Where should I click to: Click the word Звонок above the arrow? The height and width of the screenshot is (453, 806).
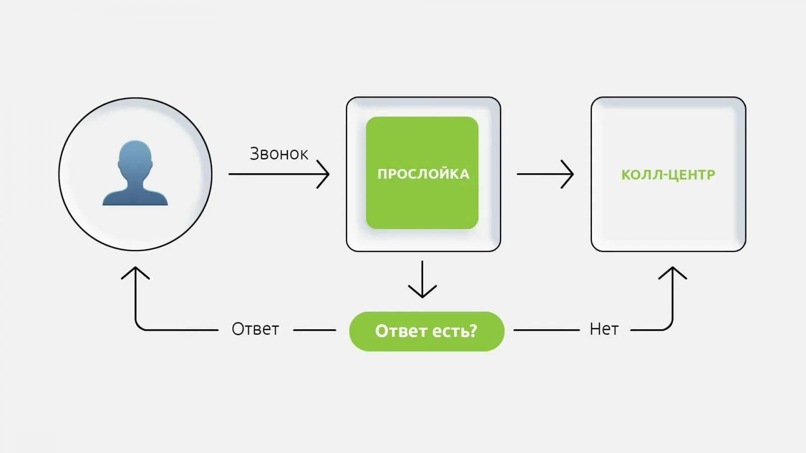(x=279, y=154)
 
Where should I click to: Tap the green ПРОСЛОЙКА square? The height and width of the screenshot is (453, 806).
(x=422, y=173)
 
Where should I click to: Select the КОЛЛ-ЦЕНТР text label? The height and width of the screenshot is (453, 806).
(x=668, y=175)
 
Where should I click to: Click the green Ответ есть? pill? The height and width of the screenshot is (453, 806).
(x=426, y=331)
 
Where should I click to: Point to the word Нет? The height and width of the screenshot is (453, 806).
(x=603, y=329)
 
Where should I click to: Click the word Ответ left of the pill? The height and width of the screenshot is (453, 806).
(x=255, y=329)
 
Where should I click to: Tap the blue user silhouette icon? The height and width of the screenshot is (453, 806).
(x=135, y=173)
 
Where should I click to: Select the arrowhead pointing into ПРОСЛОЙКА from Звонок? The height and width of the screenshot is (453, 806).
(x=325, y=174)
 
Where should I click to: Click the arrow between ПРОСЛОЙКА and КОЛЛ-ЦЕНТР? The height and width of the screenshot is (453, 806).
(x=545, y=174)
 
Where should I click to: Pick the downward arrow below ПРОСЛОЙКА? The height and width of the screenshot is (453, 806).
(x=422, y=280)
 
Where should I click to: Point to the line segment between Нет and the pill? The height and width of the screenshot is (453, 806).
(x=546, y=330)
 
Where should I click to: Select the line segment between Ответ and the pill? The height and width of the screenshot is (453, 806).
(x=314, y=330)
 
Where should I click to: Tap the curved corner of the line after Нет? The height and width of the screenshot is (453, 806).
(x=669, y=326)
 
